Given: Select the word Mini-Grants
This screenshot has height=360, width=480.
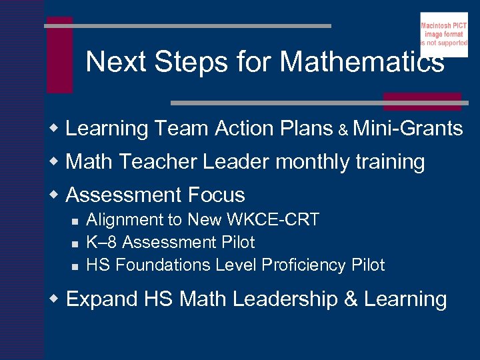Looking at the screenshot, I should tap(407, 128).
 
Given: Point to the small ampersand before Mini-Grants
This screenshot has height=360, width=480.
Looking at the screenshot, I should tap(343, 130).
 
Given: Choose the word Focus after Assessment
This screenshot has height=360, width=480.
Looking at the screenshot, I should tap(217, 195).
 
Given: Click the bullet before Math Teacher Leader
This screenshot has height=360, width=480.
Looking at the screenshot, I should tap(57, 161).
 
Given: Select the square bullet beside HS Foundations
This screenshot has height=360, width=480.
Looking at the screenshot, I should tap(75, 266).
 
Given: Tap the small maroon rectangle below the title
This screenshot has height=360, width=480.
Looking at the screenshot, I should tap(421, 101).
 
